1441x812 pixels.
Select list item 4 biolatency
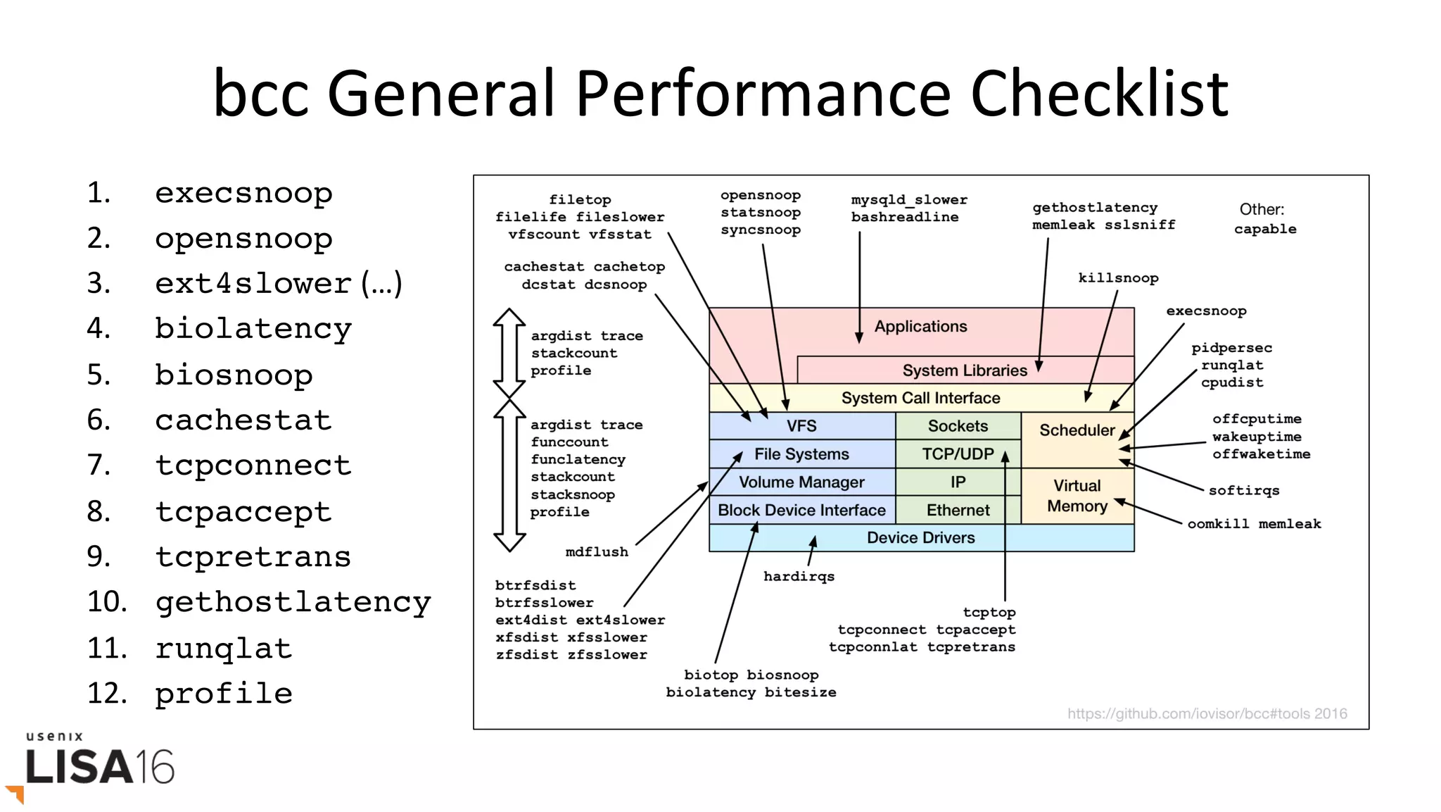tap(253, 329)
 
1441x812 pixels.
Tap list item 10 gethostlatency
tap(292, 602)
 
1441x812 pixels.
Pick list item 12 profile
tap(223, 694)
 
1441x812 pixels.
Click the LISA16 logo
tap(99, 766)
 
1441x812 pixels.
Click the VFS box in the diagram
tap(801, 426)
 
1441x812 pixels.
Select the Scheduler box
tap(1077, 430)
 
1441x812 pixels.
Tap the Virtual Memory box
tap(1077, 496)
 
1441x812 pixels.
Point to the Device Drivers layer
tap(920, 538)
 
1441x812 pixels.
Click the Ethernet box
tap(958, 510)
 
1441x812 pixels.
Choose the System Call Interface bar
tap(920, 398)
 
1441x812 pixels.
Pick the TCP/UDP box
tap(958, 454)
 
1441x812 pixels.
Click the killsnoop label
tap(1118, 278)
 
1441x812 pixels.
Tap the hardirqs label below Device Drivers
tap(799, 577)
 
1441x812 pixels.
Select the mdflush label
tap(597, 552)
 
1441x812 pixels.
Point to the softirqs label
tap(1243, 491)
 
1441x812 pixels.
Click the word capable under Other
tap(1264, 230)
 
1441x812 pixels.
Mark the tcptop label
tap(989, 613)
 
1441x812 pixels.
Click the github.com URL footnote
tap(1207, 714)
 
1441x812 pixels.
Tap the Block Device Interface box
tap(801, 510)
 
